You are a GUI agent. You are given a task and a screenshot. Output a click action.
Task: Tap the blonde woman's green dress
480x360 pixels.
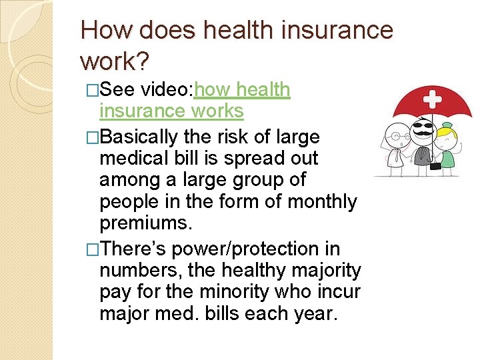click(x=447, y=159)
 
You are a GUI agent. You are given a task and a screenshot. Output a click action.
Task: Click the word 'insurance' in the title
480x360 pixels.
click(x=313, y=30)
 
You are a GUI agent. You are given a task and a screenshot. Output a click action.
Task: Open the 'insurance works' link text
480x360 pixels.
click(x=171, y=110)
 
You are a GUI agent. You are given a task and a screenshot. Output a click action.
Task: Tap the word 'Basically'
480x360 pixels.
click(x=140, y=137)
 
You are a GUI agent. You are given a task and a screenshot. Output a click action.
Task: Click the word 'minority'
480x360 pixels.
click(x=235, y=291)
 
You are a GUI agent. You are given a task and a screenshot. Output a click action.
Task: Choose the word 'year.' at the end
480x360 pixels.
click(x=314, y=313)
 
